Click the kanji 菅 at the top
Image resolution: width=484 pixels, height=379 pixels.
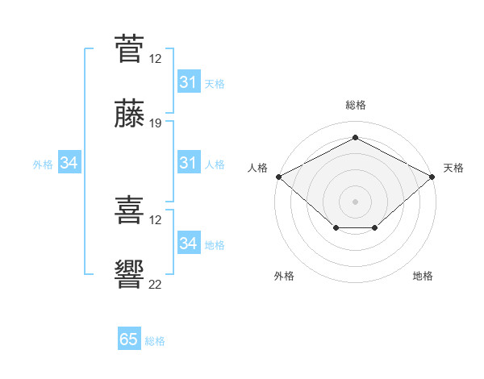click(x=129, y=49)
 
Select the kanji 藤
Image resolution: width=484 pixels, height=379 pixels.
click(x=129, y=113)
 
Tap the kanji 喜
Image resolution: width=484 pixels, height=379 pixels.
click(x=129, y=210)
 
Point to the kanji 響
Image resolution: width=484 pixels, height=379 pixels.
click(x=129, y=274)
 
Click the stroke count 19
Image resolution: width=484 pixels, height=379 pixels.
click(x=155, y=123)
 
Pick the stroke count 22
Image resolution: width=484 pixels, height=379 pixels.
click(x=155, y=285)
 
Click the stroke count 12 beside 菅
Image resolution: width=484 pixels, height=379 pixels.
click(x=155, y=59)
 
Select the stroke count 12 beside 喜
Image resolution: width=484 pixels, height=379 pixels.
click(x=155, y=220)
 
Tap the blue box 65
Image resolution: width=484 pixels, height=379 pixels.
click(x=129, y=338)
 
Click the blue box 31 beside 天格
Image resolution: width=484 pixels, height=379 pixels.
click(x=190, y=81)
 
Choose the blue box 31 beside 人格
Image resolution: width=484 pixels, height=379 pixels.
click(x=190, y=162)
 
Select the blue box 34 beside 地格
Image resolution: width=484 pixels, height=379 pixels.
click(x=190, y=242)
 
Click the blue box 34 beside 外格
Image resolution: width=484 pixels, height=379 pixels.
click(x=69, y=162)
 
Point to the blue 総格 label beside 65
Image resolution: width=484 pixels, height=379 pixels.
click(x=155, y=341)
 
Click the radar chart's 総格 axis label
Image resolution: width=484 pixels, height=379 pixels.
click(x=356, y=105)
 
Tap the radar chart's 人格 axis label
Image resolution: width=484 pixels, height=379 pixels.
click(x=257, y=168)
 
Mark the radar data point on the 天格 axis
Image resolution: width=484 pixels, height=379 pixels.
click(x=432, y=177)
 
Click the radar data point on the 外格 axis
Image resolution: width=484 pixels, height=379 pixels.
click(x=336, y=227)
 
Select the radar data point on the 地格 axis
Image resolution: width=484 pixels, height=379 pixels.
click(x=375, y=227)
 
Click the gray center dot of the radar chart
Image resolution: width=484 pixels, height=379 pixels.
click(x=355, y=202)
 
